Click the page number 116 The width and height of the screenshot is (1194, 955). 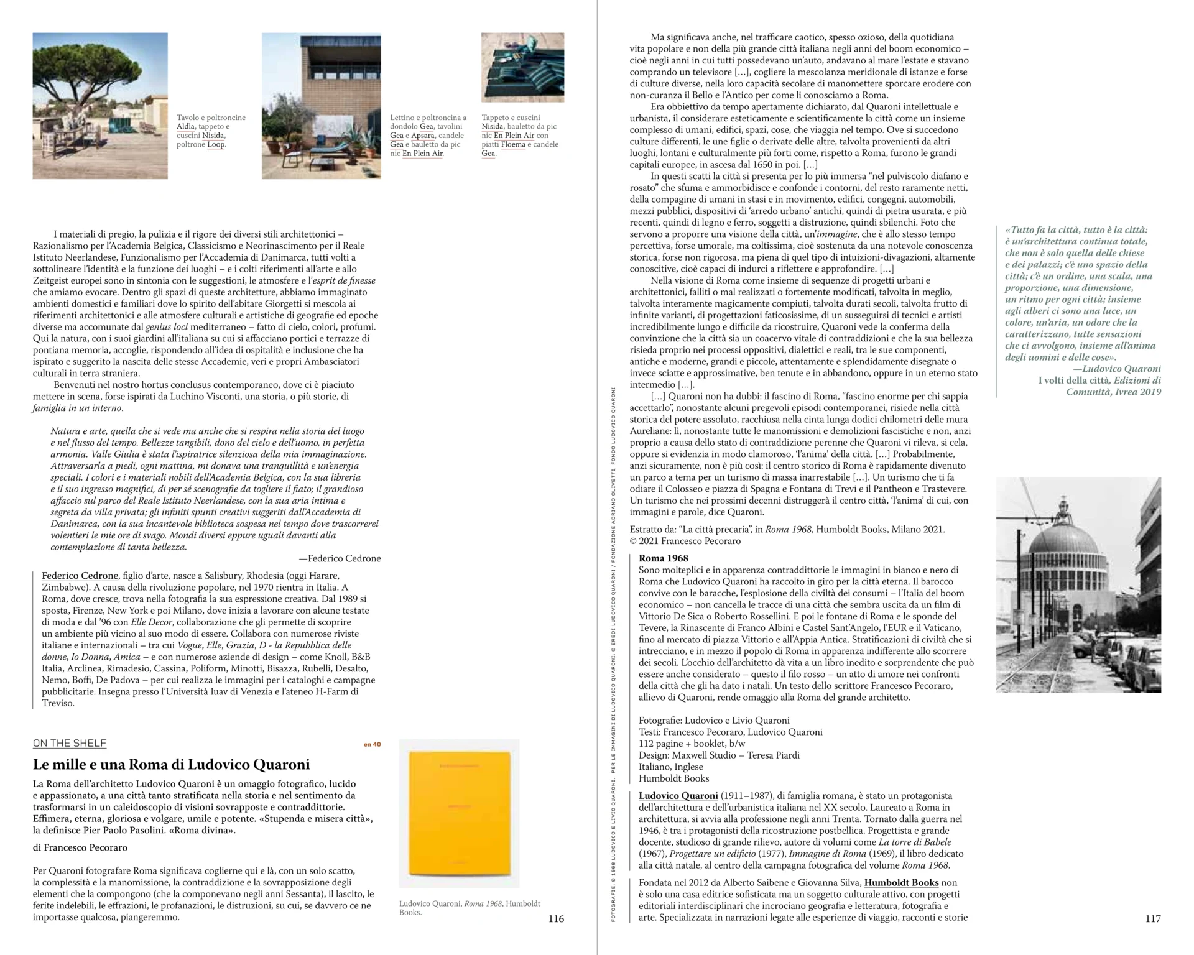point(556,919)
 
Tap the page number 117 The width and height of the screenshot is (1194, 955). point(1152,919)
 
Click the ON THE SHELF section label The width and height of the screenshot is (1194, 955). point(70,743)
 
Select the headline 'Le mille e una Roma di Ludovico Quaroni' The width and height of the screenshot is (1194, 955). point(171,765)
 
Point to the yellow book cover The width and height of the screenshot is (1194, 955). point(459,814)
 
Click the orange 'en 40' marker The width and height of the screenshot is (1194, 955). point(372,744)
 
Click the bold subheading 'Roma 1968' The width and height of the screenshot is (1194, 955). point(663,558)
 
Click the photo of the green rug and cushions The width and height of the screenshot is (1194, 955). point(522,67)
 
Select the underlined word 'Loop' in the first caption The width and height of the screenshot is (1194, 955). point(216,145)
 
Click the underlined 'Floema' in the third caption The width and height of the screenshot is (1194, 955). point(513,145)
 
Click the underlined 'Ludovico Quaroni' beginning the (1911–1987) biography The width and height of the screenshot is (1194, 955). point(678,796)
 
